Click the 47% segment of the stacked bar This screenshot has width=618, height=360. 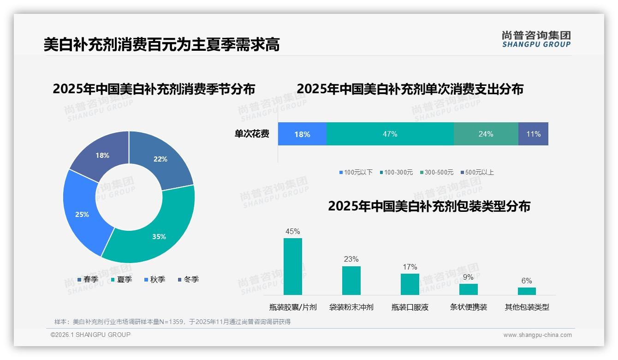(390, 134)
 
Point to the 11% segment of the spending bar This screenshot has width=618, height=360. (533, 134)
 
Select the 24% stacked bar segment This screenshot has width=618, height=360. (486, 134)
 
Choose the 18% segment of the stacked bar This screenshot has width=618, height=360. (302, 134)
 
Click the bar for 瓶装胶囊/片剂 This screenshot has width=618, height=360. (293, 267)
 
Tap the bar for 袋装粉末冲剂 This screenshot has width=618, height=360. (351, 281)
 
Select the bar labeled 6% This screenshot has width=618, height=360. (527, 291)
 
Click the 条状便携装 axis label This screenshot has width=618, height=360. (468, 307)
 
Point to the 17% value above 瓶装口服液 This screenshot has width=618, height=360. (410, 267)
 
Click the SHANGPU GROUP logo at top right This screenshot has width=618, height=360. (536, 39)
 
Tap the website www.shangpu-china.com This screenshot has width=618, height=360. (537, 335)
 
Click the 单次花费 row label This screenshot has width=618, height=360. (252, 134)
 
